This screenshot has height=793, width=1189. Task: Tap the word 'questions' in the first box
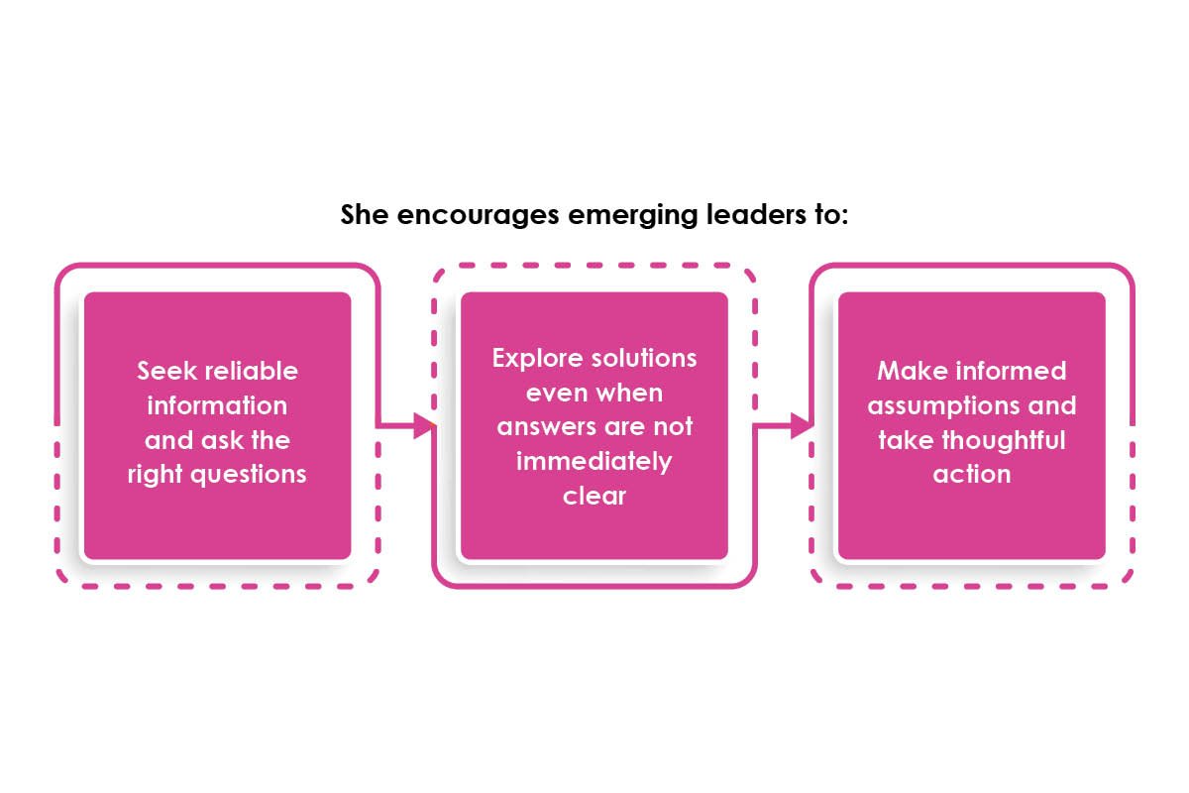coord(247,474)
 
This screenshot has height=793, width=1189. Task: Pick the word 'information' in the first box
coord(217,405)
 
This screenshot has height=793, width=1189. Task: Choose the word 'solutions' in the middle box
coord(645,358)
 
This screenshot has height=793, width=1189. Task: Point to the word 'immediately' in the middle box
coord(594,461)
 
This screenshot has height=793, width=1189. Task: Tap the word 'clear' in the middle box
coord(594,496)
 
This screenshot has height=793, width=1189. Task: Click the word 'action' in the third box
coord(971,474)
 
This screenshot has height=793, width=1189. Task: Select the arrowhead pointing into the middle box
coord(425,427)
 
